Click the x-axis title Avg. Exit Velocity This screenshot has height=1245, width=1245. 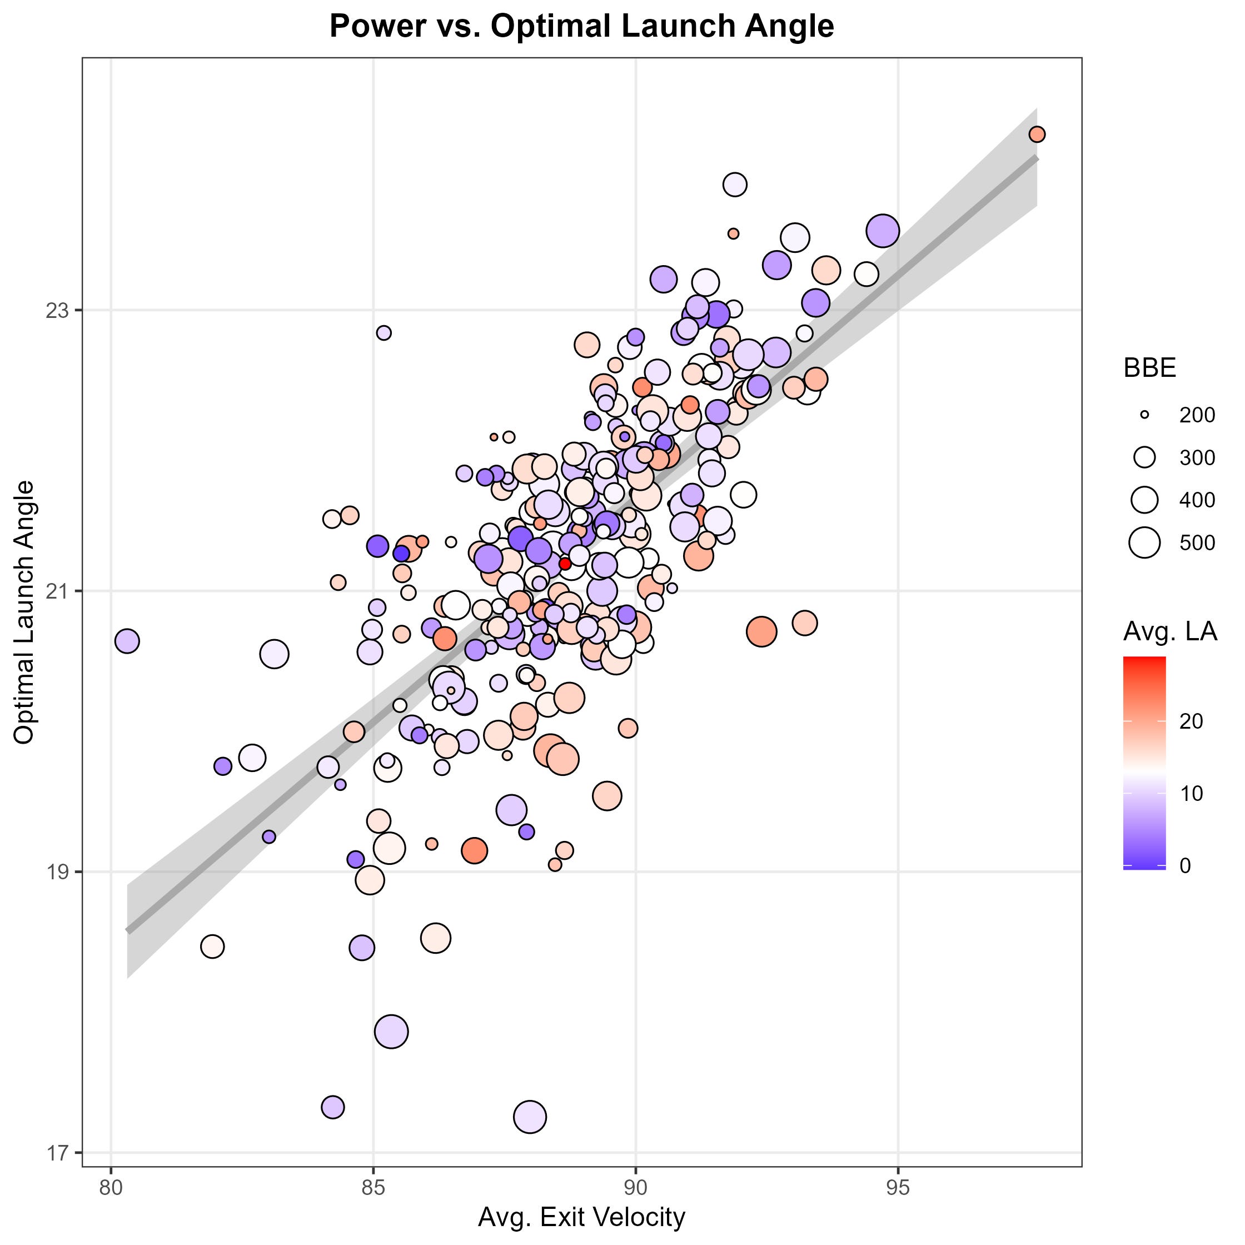click(x=581, y=1217)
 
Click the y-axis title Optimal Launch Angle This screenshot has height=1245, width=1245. click(x=24, y=611)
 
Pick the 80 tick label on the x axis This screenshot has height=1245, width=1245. click(x=112, y=1188)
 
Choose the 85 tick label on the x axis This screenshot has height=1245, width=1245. click(x=373, y=1188)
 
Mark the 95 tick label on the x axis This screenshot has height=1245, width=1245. click(x=898, y=1188)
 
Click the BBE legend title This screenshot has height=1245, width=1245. click(x=1149, y=368)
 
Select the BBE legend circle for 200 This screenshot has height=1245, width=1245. click(x=1144, y=415)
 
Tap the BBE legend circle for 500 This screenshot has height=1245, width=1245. click(x=1144, y=542)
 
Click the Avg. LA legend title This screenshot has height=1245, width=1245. click(x=1169, y=631)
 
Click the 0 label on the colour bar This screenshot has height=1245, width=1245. click(x=1185, y=865)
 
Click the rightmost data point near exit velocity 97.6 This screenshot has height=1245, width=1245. click(x=1037, y=135)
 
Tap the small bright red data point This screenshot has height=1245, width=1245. click(x=565, y=564)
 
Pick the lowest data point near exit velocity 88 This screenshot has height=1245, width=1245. click(x=530, y=1117)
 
